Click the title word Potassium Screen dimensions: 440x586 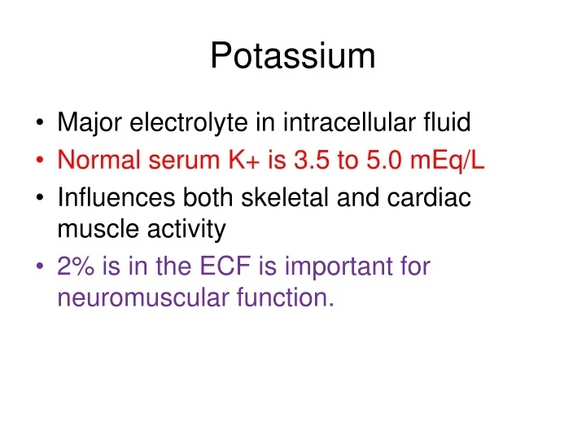(293, 57)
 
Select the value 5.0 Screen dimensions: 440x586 (382, 161)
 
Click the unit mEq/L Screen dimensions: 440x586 (447, 161)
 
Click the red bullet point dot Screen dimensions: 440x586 (40, 161)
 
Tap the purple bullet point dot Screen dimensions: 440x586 (40, 267)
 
